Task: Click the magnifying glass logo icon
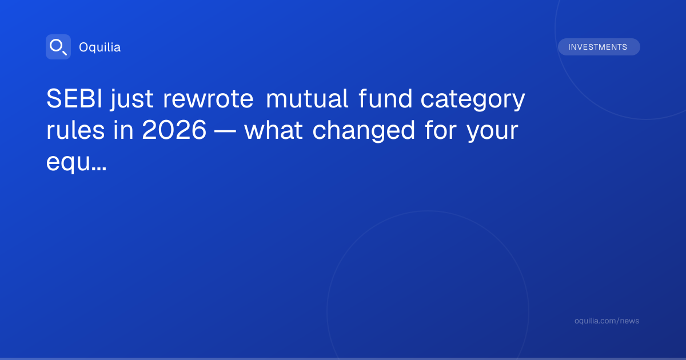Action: coord(58,47)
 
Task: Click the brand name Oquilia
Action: coord(100,47)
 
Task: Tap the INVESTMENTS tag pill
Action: coord(599,47)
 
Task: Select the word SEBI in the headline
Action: coord(74,98)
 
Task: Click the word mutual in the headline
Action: coord(307,98)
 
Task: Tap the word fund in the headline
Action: coord(385,98)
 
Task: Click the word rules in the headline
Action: coord(75,130)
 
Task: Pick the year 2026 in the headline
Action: coord(174,130)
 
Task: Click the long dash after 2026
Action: coord(225,131)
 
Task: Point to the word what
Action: coord(274,130)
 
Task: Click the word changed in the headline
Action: coord(364,131)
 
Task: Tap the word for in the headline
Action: coord(441,130)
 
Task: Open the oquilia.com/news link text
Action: coord(607,321)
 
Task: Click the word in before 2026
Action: coord(123,130)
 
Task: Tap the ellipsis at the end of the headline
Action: coord(98,169)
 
